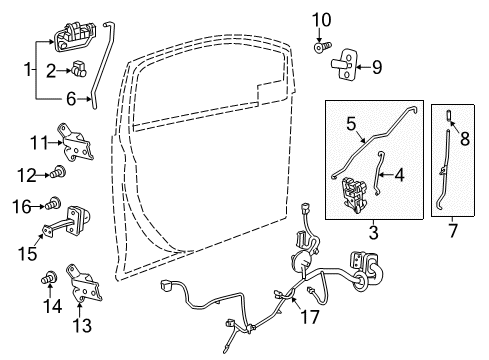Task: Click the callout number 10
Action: tap(322, 19)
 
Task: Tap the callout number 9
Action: tap(378, 68)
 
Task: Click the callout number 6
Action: tap(69, 98)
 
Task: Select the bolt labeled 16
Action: tap(56, 205)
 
